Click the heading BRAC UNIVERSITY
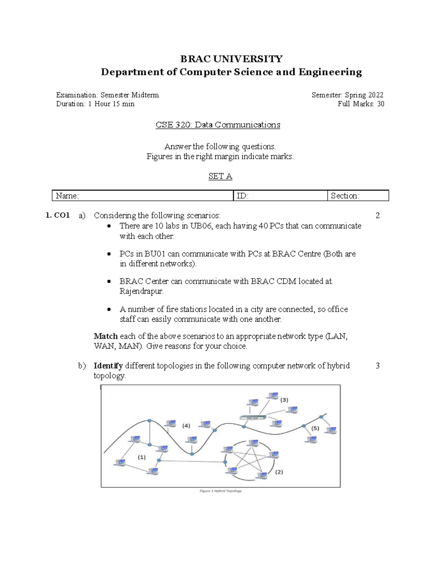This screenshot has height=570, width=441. pyautogui.click(x=231, y=59)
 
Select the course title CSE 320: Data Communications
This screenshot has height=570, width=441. pyautogui.click(x=218, y=125)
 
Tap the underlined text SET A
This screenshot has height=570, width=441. pyautogui.click(x=220, y=176)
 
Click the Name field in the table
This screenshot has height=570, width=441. pyautogui.click(x=143, y=196)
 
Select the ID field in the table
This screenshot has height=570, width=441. pyautogui.click(x=280, y=196)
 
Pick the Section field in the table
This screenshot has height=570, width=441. pyautogui.click(x=358, y=196)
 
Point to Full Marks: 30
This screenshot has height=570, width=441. pyautogui.click(x=361, y=104)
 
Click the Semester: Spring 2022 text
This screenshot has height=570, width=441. pyautogui.click(x=347, y=95)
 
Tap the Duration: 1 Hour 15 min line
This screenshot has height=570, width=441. pyautogui.click(x=95, y=104)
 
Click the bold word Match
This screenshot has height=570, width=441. pyautogui.click(x=105, y=336)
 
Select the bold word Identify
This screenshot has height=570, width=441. pyautogui.click(x=108, y=366)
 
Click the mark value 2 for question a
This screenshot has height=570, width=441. pyautogui.click(x=377, y=215)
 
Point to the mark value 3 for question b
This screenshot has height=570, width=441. pyautogui.click(x=377, y=366)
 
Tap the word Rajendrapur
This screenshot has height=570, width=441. pyautogui.click(x=141, y=291)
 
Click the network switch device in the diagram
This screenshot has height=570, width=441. pyautogui.click(x=252, y=417)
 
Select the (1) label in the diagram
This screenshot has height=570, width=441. pyautogui.click(x=141, y=457)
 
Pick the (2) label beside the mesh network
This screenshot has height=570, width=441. pyautogui.click(x=279, y=472)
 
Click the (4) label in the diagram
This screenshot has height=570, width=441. pyautogui.click(x=186, y=426)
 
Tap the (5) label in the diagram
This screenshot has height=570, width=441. pyautogui.click(x=315, y=428)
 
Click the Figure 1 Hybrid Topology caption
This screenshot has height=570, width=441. pyautogui.click(x=220, y=491)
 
